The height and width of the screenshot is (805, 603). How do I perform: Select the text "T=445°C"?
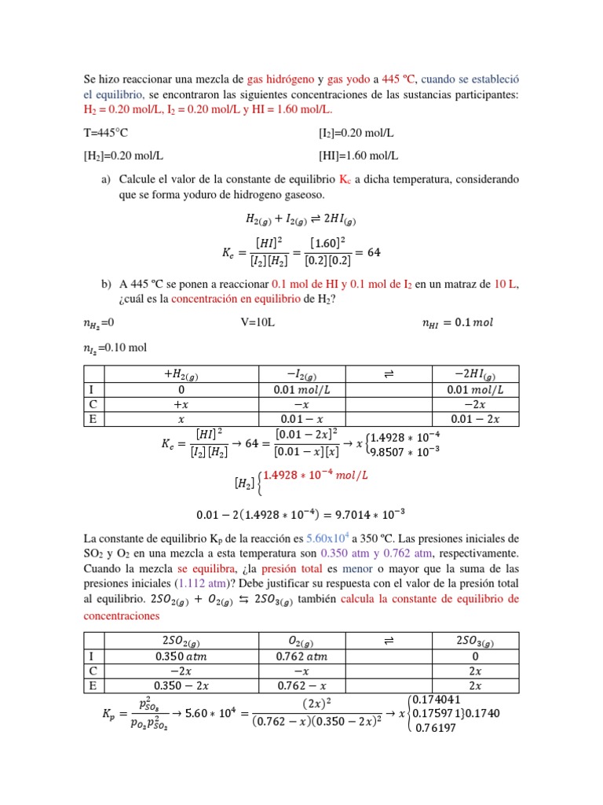pyautogui.click(x=105, y=134)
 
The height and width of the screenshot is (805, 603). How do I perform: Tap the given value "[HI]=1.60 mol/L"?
pyautogui.click(x=358, y=156)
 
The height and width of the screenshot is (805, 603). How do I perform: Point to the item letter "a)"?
pyautogui.click(x=107, y=179)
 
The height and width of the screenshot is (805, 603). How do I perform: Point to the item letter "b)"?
pyautogui.click(x=107, y=285)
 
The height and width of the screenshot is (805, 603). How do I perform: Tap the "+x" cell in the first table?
pyautogui.click(x=181, y=404)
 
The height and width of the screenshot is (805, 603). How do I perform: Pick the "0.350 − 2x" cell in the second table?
pyautogui.click(x=181, y=686)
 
